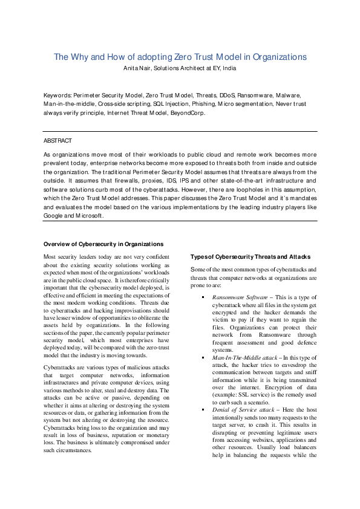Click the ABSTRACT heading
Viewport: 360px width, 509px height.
[57, 140]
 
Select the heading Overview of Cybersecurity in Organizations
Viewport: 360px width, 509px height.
[103, 244]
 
